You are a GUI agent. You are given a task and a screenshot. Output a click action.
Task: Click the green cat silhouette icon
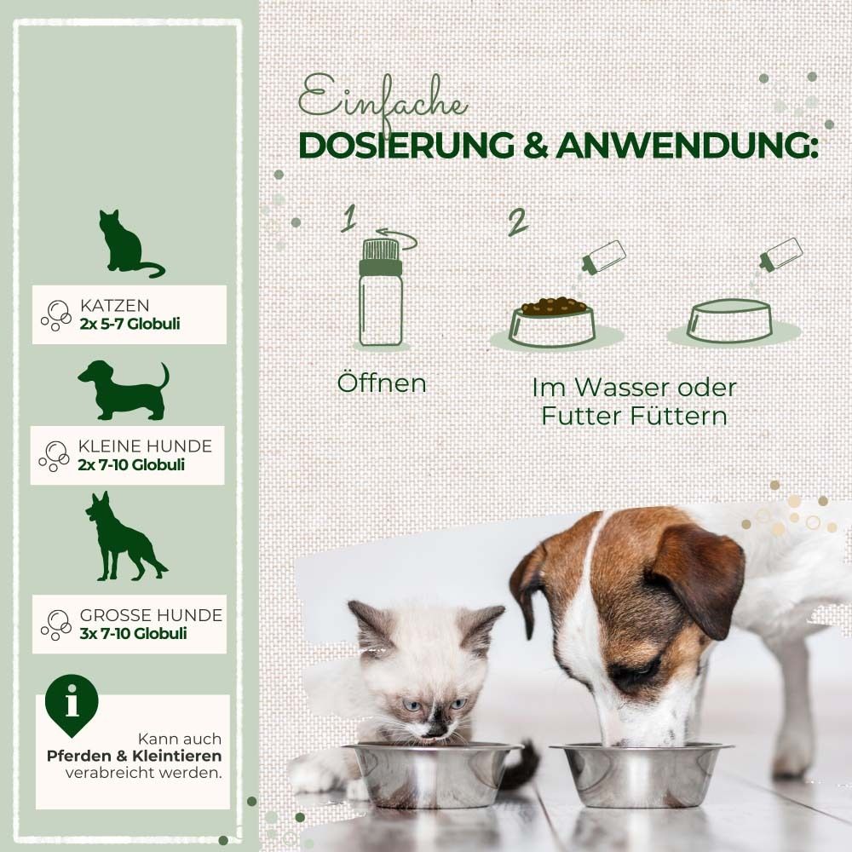(x=125, y=245)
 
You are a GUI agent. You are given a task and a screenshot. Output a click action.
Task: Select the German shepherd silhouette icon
(x=122, y=537)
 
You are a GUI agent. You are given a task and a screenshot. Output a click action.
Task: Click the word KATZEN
(x=114, y=305)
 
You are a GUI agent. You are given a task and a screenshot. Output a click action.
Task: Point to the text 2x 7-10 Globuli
(x=131, y=465)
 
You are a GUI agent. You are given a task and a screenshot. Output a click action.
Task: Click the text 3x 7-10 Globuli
(x=132, y=633)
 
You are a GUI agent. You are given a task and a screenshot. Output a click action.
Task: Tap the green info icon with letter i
(x=72, y=703)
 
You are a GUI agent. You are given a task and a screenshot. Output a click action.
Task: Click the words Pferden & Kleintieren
(x=135, y=756)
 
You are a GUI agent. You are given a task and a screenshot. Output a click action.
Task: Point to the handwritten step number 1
(x=348, y=219)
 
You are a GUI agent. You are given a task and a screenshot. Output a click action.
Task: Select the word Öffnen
(x=381, y=383)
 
